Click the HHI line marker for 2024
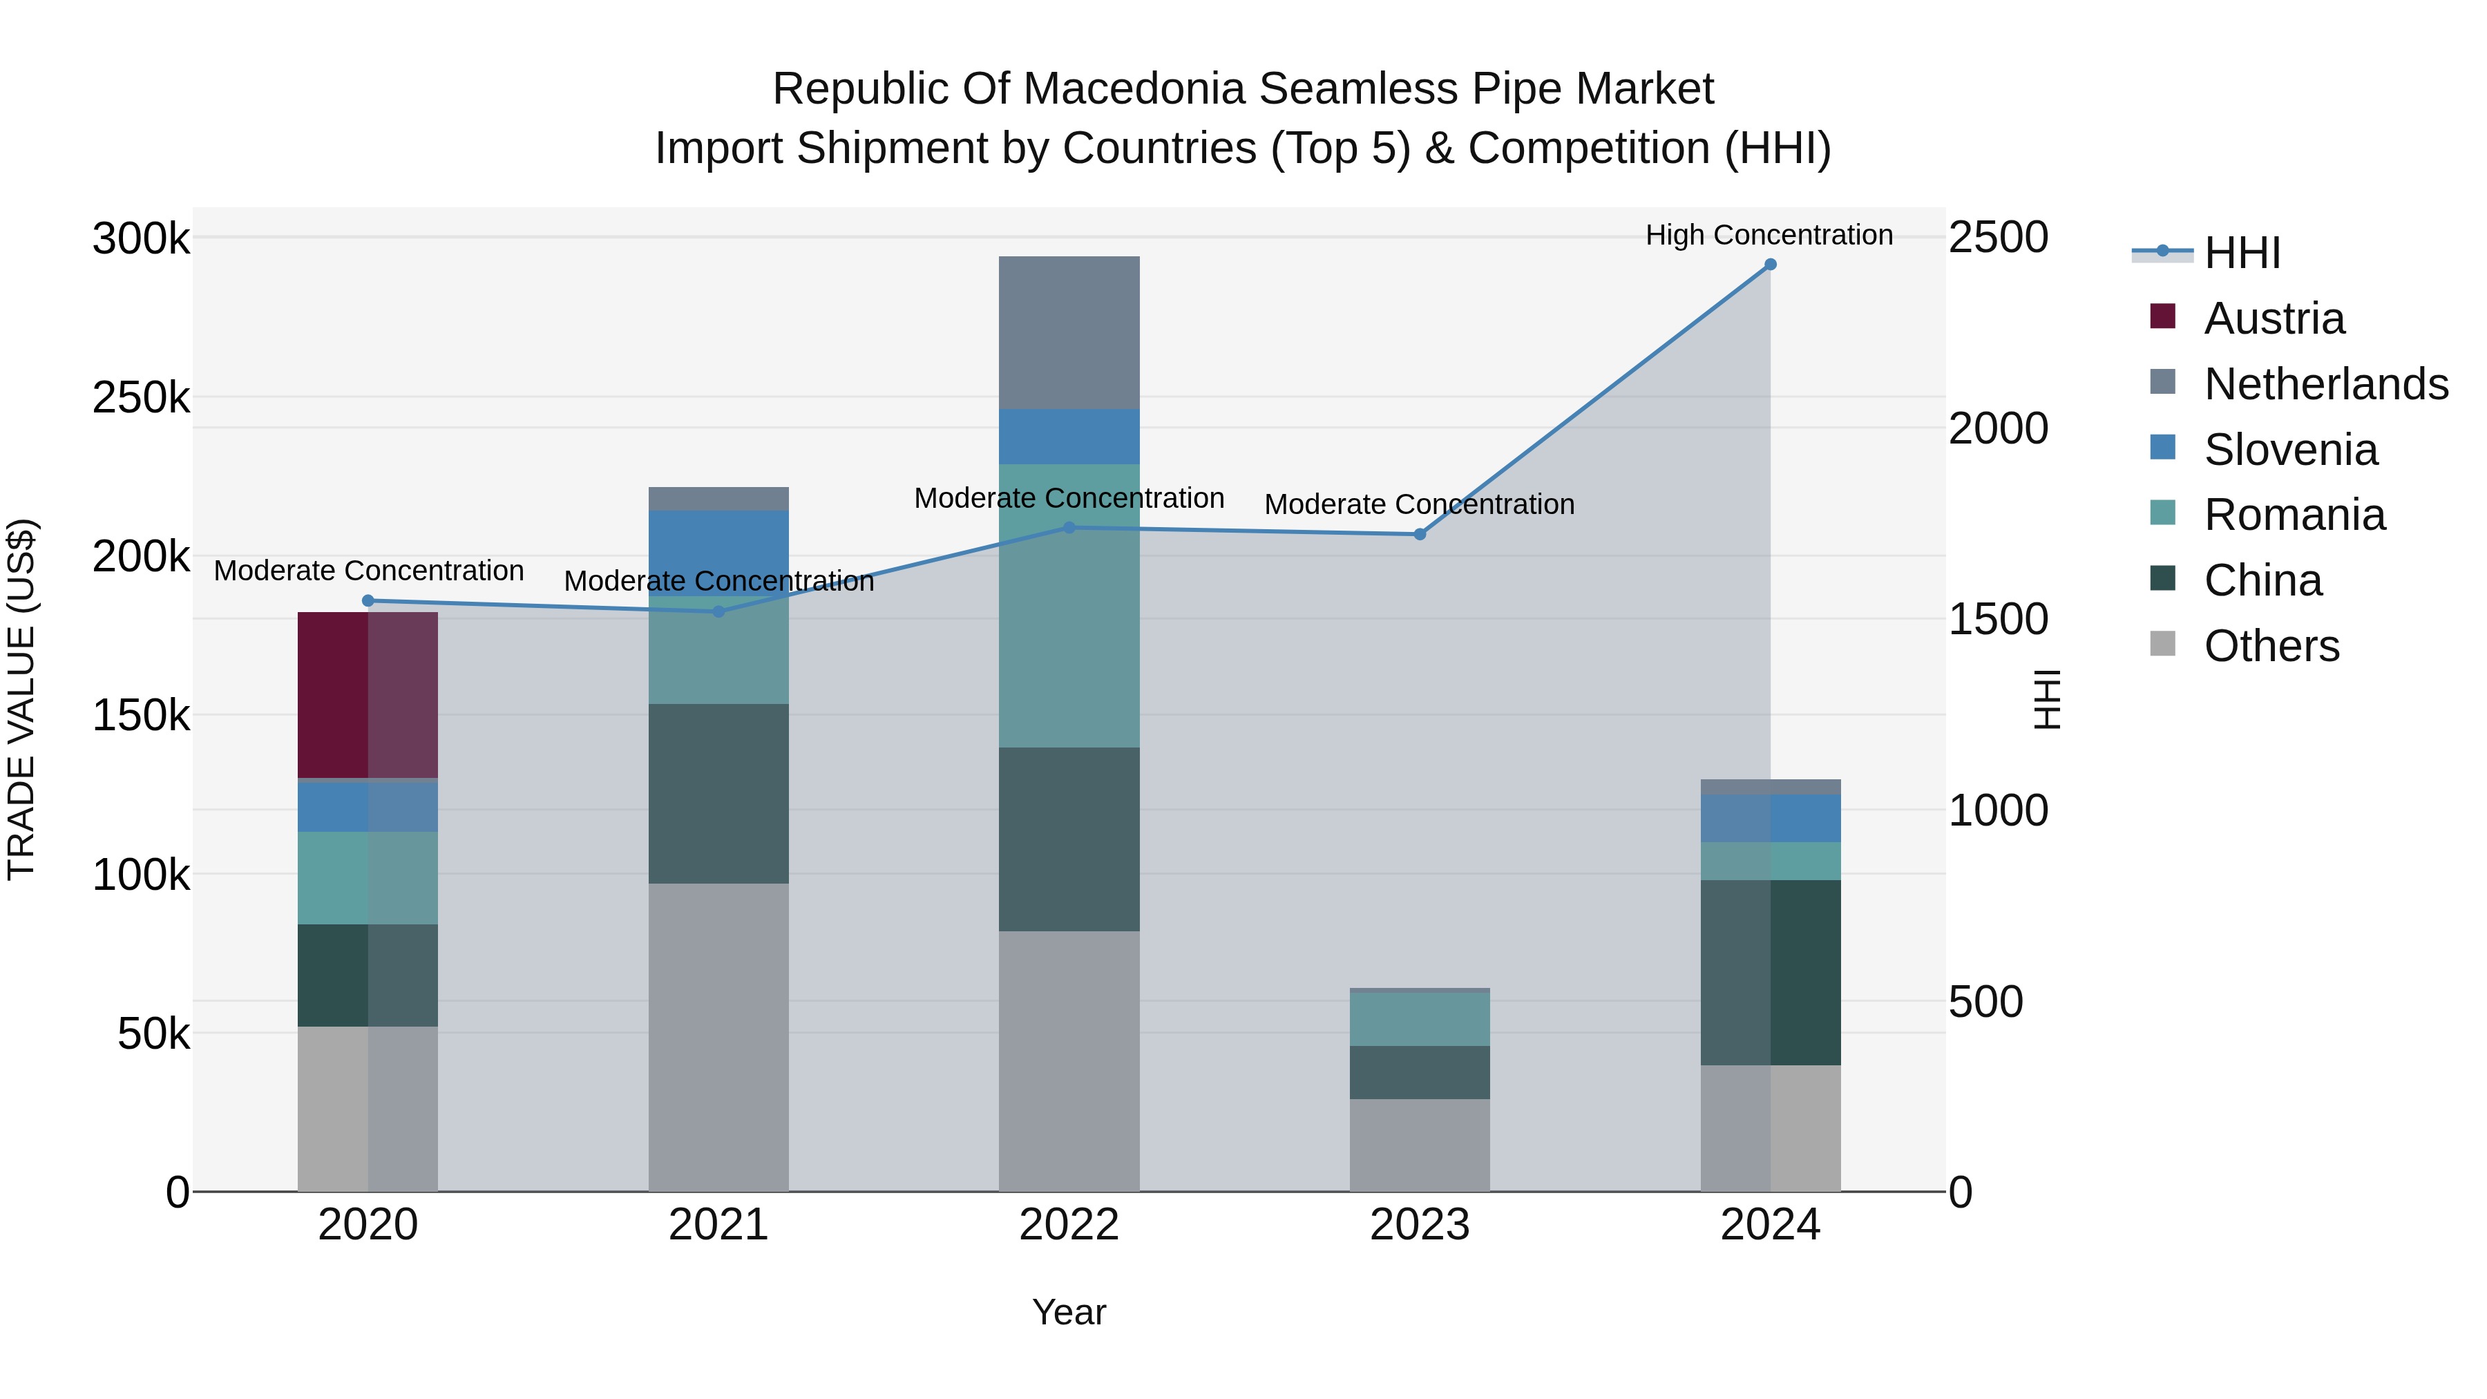pyautogui.click(x=1770, y=265)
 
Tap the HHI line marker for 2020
pyautogui.click(x=368, y=600)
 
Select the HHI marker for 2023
pyautogui.click(x=1419, y=534)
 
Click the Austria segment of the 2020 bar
pyautogui.click(x=368, y=695)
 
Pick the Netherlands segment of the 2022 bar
pyautogui.click(x=1069, y=332)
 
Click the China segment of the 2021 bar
pyautogui.click(x=718, y=794)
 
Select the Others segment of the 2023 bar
pyautogui.click(x=1419, y=1145)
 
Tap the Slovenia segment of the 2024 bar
pyautogui.click(x=1770, y=819)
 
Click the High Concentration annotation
pyautogui.click(x=1769, y=235)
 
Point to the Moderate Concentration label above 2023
pyautogui.click(x=1419, y=504)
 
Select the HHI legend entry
pyautogui.click(x=2242, y=253)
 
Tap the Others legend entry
pyautogui.click(x=2271, y=646)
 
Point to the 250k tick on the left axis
pyautogui.click(x=141, y=397)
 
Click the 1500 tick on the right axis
pyautogui.click(x=1997, y=619)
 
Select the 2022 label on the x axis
pyautogui.click(x=1069, y=1225)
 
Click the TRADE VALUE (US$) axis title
pyautogui.click(x=21, y=699)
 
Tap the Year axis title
pyautogui.click(x=1069, y=1312)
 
